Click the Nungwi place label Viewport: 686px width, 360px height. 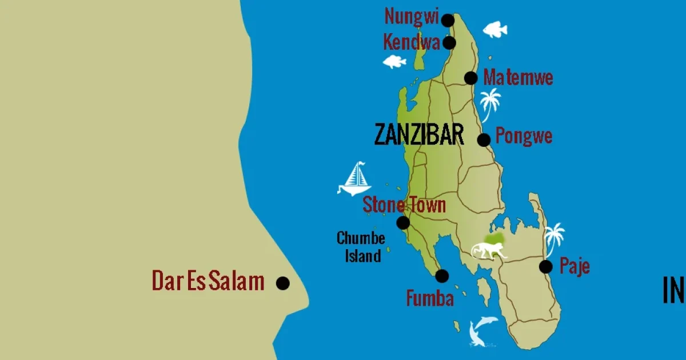(x=411, y=17)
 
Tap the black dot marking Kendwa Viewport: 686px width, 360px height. (x=449, y=43)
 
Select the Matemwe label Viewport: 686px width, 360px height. (x=518, y=77)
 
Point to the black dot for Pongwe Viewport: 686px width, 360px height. (x=484, y=139)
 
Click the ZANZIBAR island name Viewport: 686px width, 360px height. (x=418, y=135)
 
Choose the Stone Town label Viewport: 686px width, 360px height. (x=404, y=205)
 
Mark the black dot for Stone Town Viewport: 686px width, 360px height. (x=403, y=222)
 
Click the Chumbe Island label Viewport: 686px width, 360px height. (x=361, y=246)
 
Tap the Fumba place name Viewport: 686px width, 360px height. (x=430, y=298)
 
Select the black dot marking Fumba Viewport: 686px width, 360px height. (x=442, y=276)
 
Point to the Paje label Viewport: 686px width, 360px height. (x=574, y=266)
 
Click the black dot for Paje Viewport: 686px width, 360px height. (x=546, y=266)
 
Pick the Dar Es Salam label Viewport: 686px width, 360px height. (x=208, y=281)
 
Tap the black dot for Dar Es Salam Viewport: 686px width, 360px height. (x=282, y=283)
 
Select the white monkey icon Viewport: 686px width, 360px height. (x=489, y=250)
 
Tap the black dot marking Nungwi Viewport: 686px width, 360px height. (x=448, y=21)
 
